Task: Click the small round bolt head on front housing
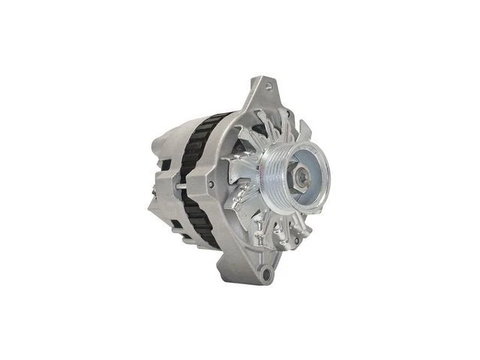211,184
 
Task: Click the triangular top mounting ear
259,94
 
